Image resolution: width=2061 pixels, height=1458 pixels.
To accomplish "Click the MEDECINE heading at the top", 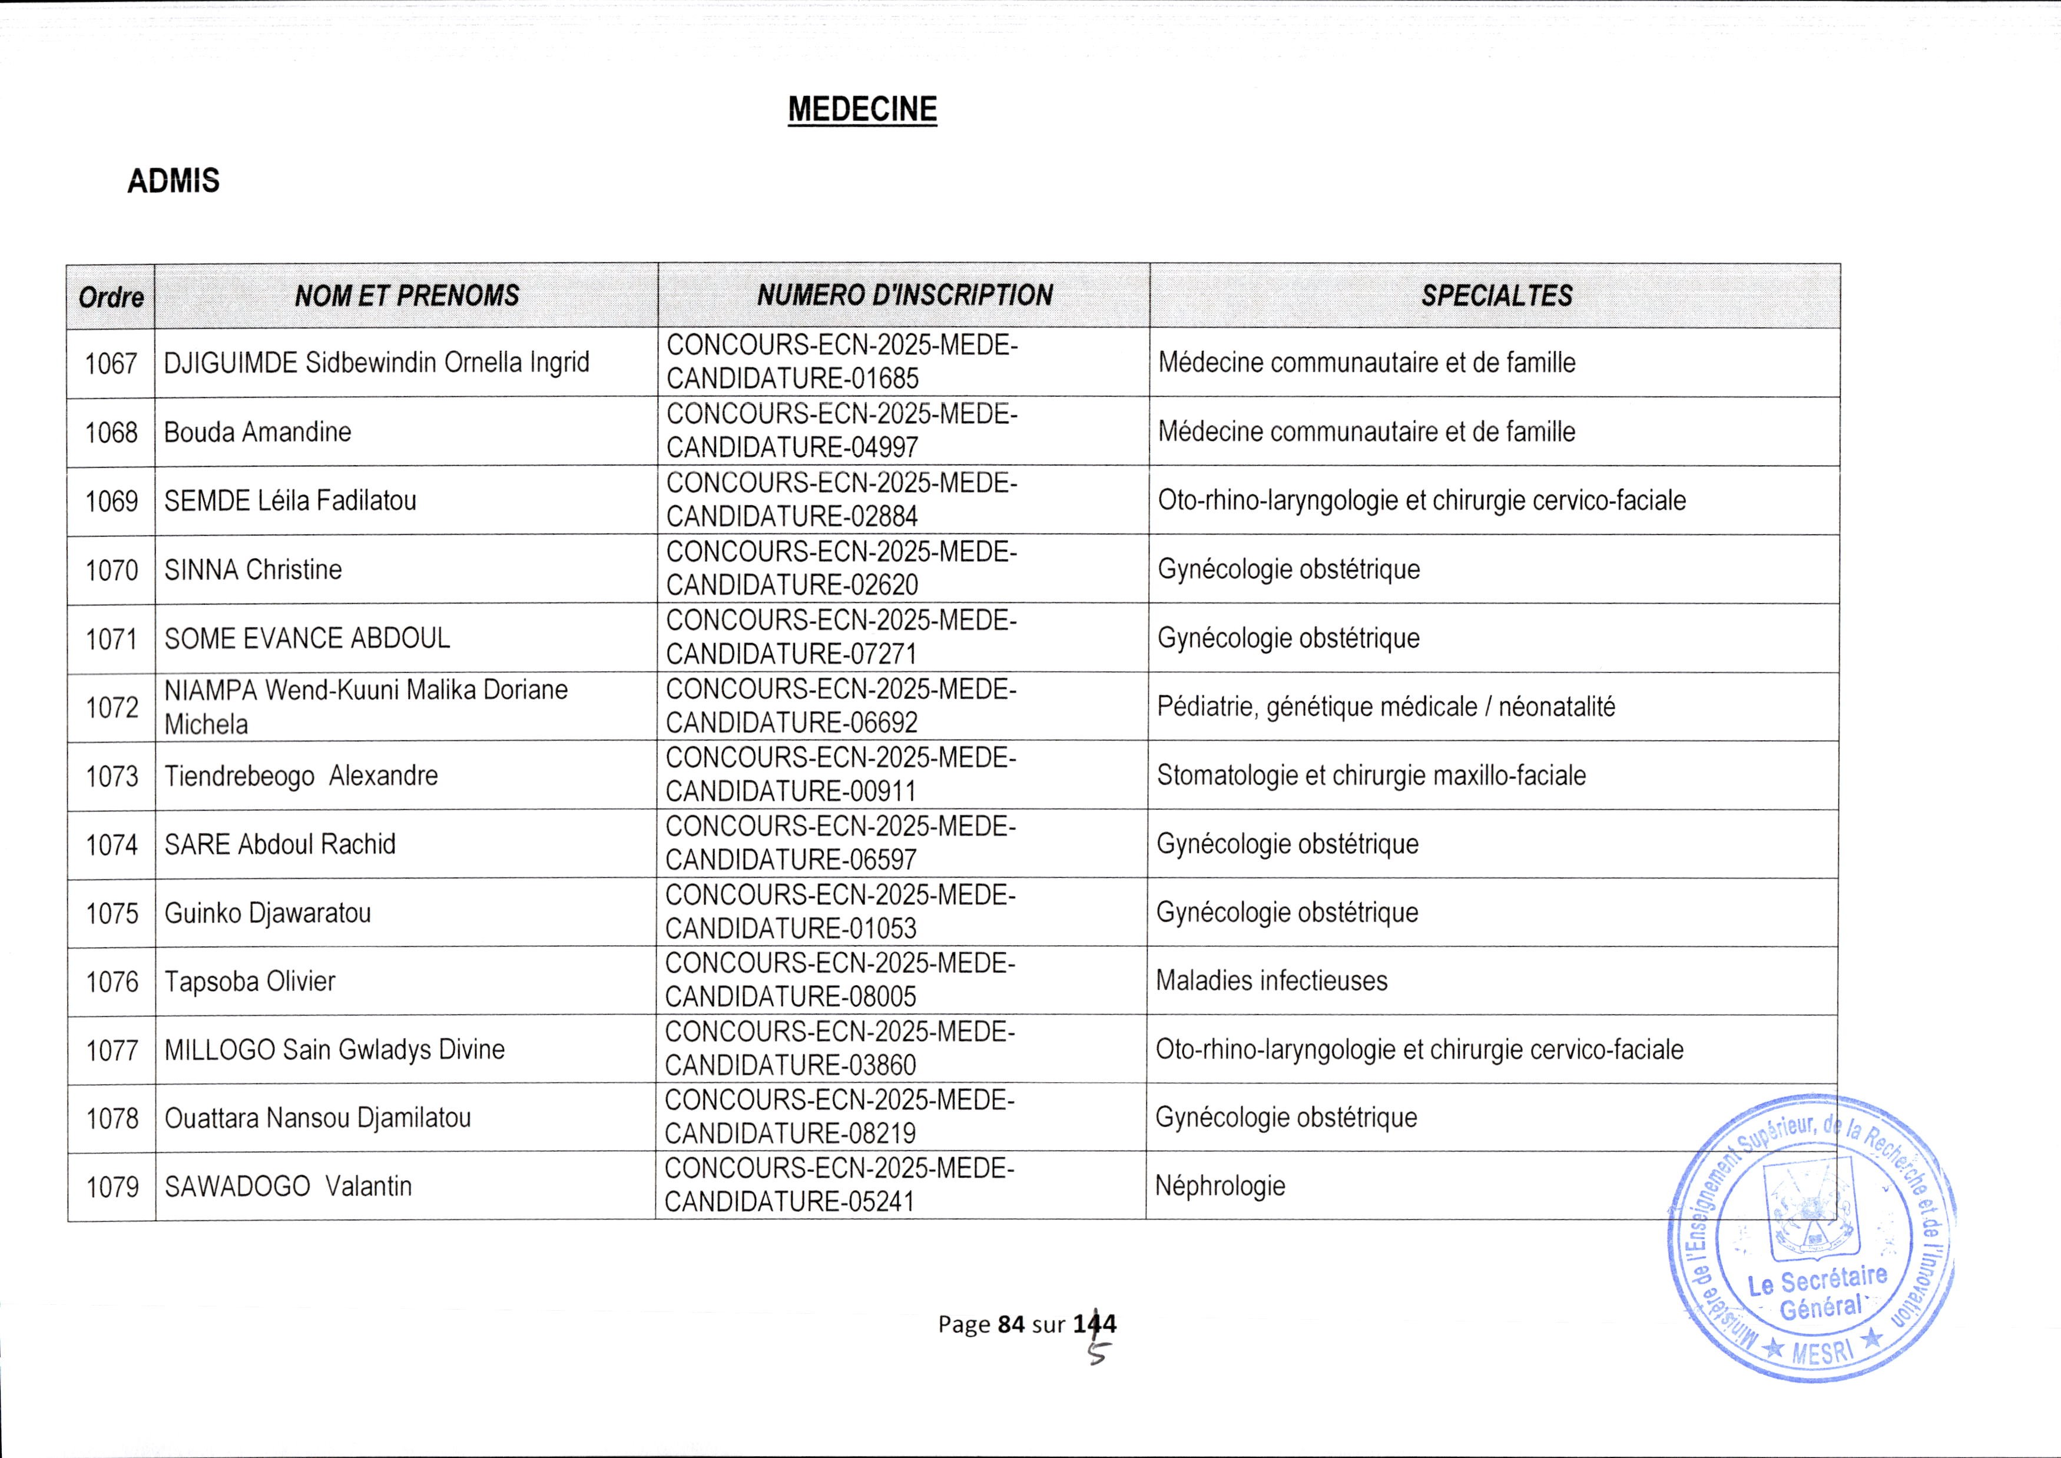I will coord(861,110).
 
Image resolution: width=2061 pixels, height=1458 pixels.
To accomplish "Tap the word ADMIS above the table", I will coord(173,181).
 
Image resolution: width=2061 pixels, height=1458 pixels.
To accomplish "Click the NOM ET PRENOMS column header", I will coord(407,296).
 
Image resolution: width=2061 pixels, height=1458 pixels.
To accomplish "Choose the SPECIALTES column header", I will coord(1496,296).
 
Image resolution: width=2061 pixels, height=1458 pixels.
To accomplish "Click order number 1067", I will coord(111,363).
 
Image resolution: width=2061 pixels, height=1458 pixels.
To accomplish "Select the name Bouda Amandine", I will coord(258,432).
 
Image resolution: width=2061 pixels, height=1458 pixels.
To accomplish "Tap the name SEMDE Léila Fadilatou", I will coord(290,500).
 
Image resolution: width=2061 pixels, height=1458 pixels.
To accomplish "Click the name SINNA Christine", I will coord(253,569).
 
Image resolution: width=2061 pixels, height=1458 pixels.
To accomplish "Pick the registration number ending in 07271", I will coord(840,637).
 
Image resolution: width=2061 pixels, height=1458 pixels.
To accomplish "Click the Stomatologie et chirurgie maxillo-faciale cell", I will coord(1371,775).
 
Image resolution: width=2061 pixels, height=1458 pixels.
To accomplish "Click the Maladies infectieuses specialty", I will coord(1271,980).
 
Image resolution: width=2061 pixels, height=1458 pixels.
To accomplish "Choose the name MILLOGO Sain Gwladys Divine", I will coord(334,1049).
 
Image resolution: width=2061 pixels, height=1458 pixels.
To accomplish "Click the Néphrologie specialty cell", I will coord(1220,1186).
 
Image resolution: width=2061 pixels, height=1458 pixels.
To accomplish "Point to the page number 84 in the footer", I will coord(1010,1323).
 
